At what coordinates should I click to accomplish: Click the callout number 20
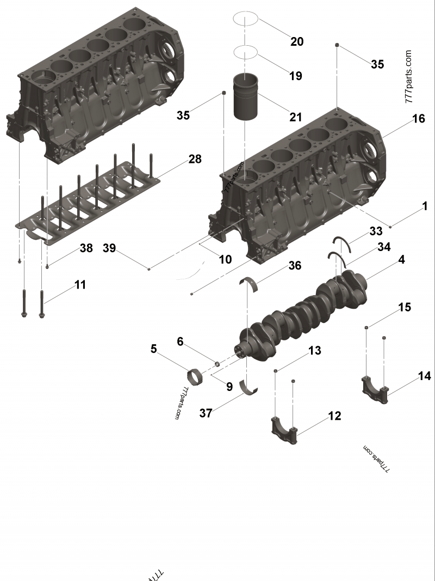[x=296, y=41]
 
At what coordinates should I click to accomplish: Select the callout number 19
[x=295, y=76]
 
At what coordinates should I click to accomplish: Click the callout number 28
[x=195, y=159]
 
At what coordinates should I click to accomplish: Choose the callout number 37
[x=206, y=413]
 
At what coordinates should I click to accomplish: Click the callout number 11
[x=80, y=284]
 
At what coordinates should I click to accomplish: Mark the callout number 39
[x=109, y=248]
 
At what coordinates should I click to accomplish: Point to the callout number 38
[x=86, y=248]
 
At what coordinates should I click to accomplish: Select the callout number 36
[x=295, y=265]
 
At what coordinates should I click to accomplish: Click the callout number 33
[x=376, y=231]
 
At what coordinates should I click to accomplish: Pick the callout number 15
[x=404, y=307]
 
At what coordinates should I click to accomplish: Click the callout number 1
[x=425, y=206]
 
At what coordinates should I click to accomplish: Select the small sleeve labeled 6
[x=217, y=363]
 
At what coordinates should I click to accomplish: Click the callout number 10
[x=225, y=259]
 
